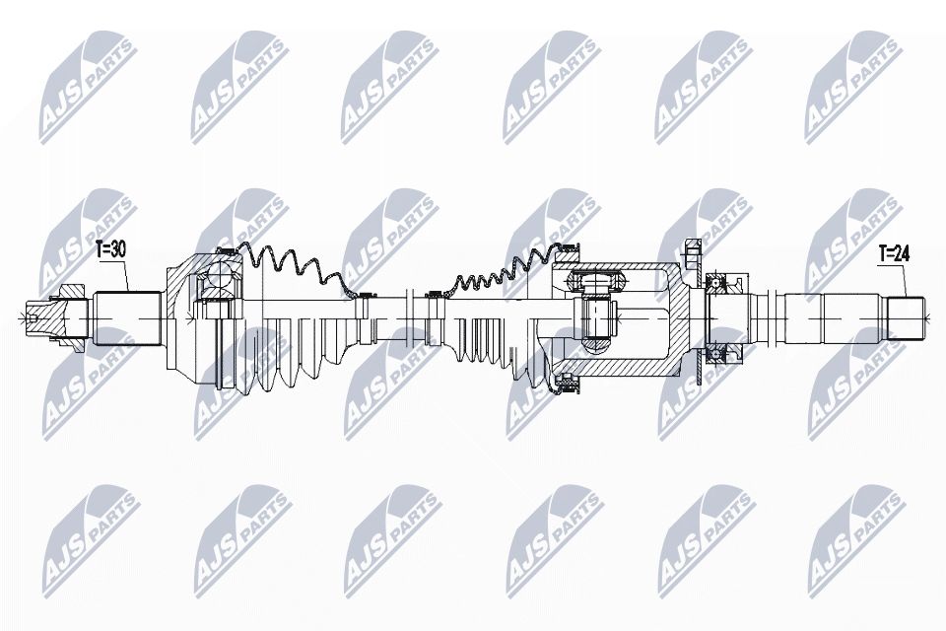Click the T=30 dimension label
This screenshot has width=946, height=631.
point(111,250)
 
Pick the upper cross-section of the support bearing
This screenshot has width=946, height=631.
point(727,285)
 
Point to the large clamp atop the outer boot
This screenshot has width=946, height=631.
point(226,252)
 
